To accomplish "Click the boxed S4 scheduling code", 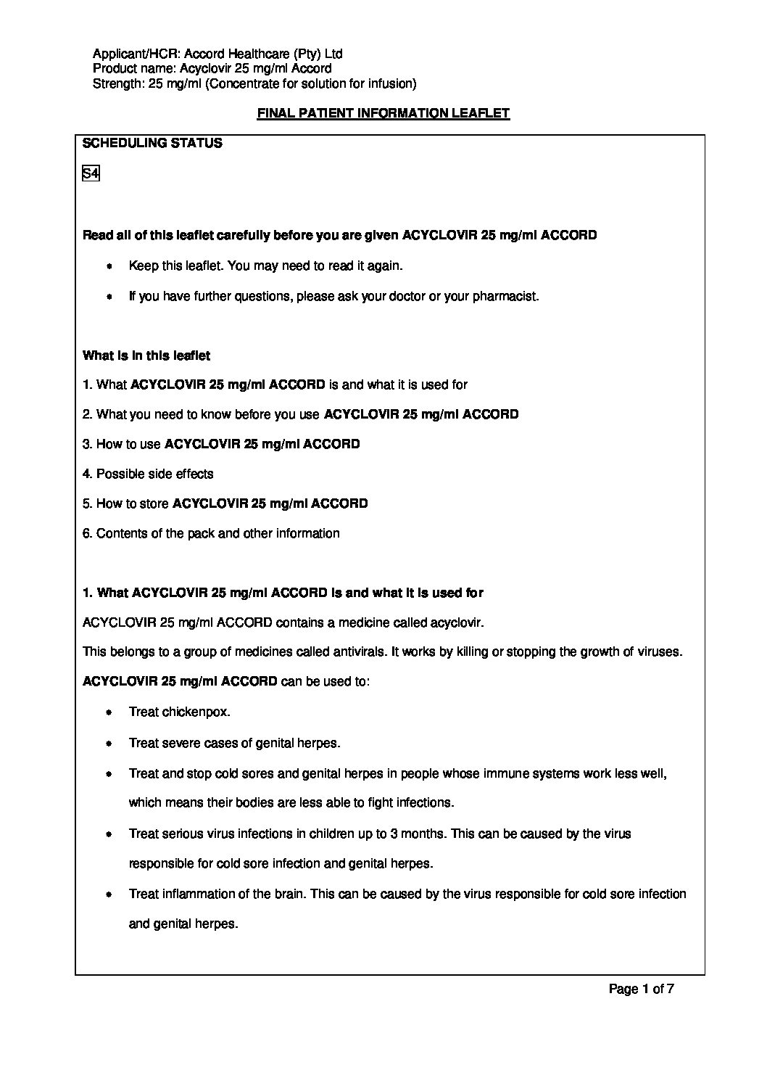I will pyautogui.click(x=91, y=174).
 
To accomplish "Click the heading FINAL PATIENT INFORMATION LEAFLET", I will pyautogui.click(x=383, y=113).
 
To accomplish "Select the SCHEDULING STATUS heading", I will pyautogui.click(x=152, y=143).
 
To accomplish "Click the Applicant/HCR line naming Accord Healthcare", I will pyautogui.click(x=218, y=54).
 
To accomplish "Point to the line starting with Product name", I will pyautogui.click(x=212, y=68).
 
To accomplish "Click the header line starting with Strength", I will pyautogui.click(x=254, y=83).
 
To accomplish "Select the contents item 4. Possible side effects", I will pyautogui.click(x=148, y=474).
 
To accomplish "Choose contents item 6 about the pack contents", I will pyautogui.click(x=211, y=533).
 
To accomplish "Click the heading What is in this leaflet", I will pyautogui.click(x=146, y=355).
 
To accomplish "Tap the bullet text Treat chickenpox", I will pyautogui.click(x=179, y=712).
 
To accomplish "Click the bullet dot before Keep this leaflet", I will pyautogui.click(x=109, y=266).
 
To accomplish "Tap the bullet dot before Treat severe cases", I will pyautogui.click(x=109, y=744).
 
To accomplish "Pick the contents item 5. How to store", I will pyautogui.click(x=225, y=503).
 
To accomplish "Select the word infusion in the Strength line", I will pyautogui.click(x=391, y=83).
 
